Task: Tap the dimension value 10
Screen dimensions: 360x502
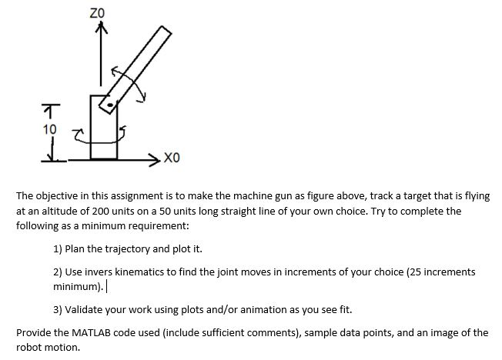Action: pyautogui.click(x=49, y=129)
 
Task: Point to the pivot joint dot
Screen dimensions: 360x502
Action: pyautogui.click(x=112, y=103)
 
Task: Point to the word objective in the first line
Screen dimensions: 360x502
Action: pyautogui.click(x=58, y=196)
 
